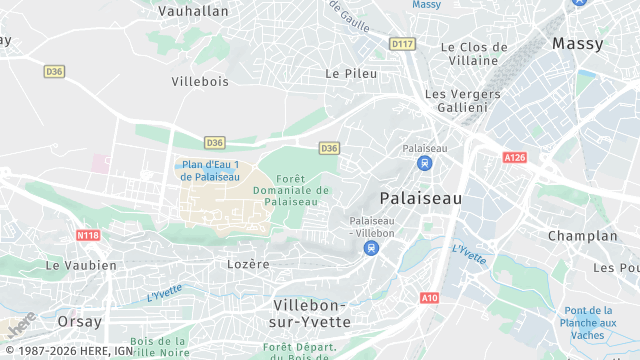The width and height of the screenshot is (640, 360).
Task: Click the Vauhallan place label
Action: pyautogui.click(x=194, y=11)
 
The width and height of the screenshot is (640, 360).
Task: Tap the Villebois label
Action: pyautogui.click(x=200, y=81)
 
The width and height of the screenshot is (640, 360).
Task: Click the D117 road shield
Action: pyautogui.click(x=402, y=44)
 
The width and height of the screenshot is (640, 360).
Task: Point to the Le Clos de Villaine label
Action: pyautogui.click(x=474, y=53)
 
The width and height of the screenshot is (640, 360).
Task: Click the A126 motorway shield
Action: pyautogui.click(x=515, y=158)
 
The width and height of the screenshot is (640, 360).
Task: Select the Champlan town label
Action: pyautogui.click(x=583, y=236)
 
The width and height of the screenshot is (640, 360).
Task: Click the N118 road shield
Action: pyautogui.click(x=88, y=235)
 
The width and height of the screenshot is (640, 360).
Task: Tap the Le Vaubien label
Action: pyautogui.click(x=81, y=266)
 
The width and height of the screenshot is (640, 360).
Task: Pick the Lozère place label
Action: pyautogui.click(x=249, y=264)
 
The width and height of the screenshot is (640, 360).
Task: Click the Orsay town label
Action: pyautogui.click(x=79, y=321)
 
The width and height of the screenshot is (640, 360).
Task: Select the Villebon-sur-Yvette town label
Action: pyautogui.click(x=311, y=313)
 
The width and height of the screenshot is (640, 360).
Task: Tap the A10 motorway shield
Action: pyautogui.click(x=430, y=297)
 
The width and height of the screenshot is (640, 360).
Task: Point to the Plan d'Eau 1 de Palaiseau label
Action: pyautogui.click(x=210, y=171)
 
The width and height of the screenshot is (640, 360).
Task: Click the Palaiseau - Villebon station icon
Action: pyautogui.click(x=372, y=247)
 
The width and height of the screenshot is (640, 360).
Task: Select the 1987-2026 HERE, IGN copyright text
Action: pyautogui.click(x=68, y=351)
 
